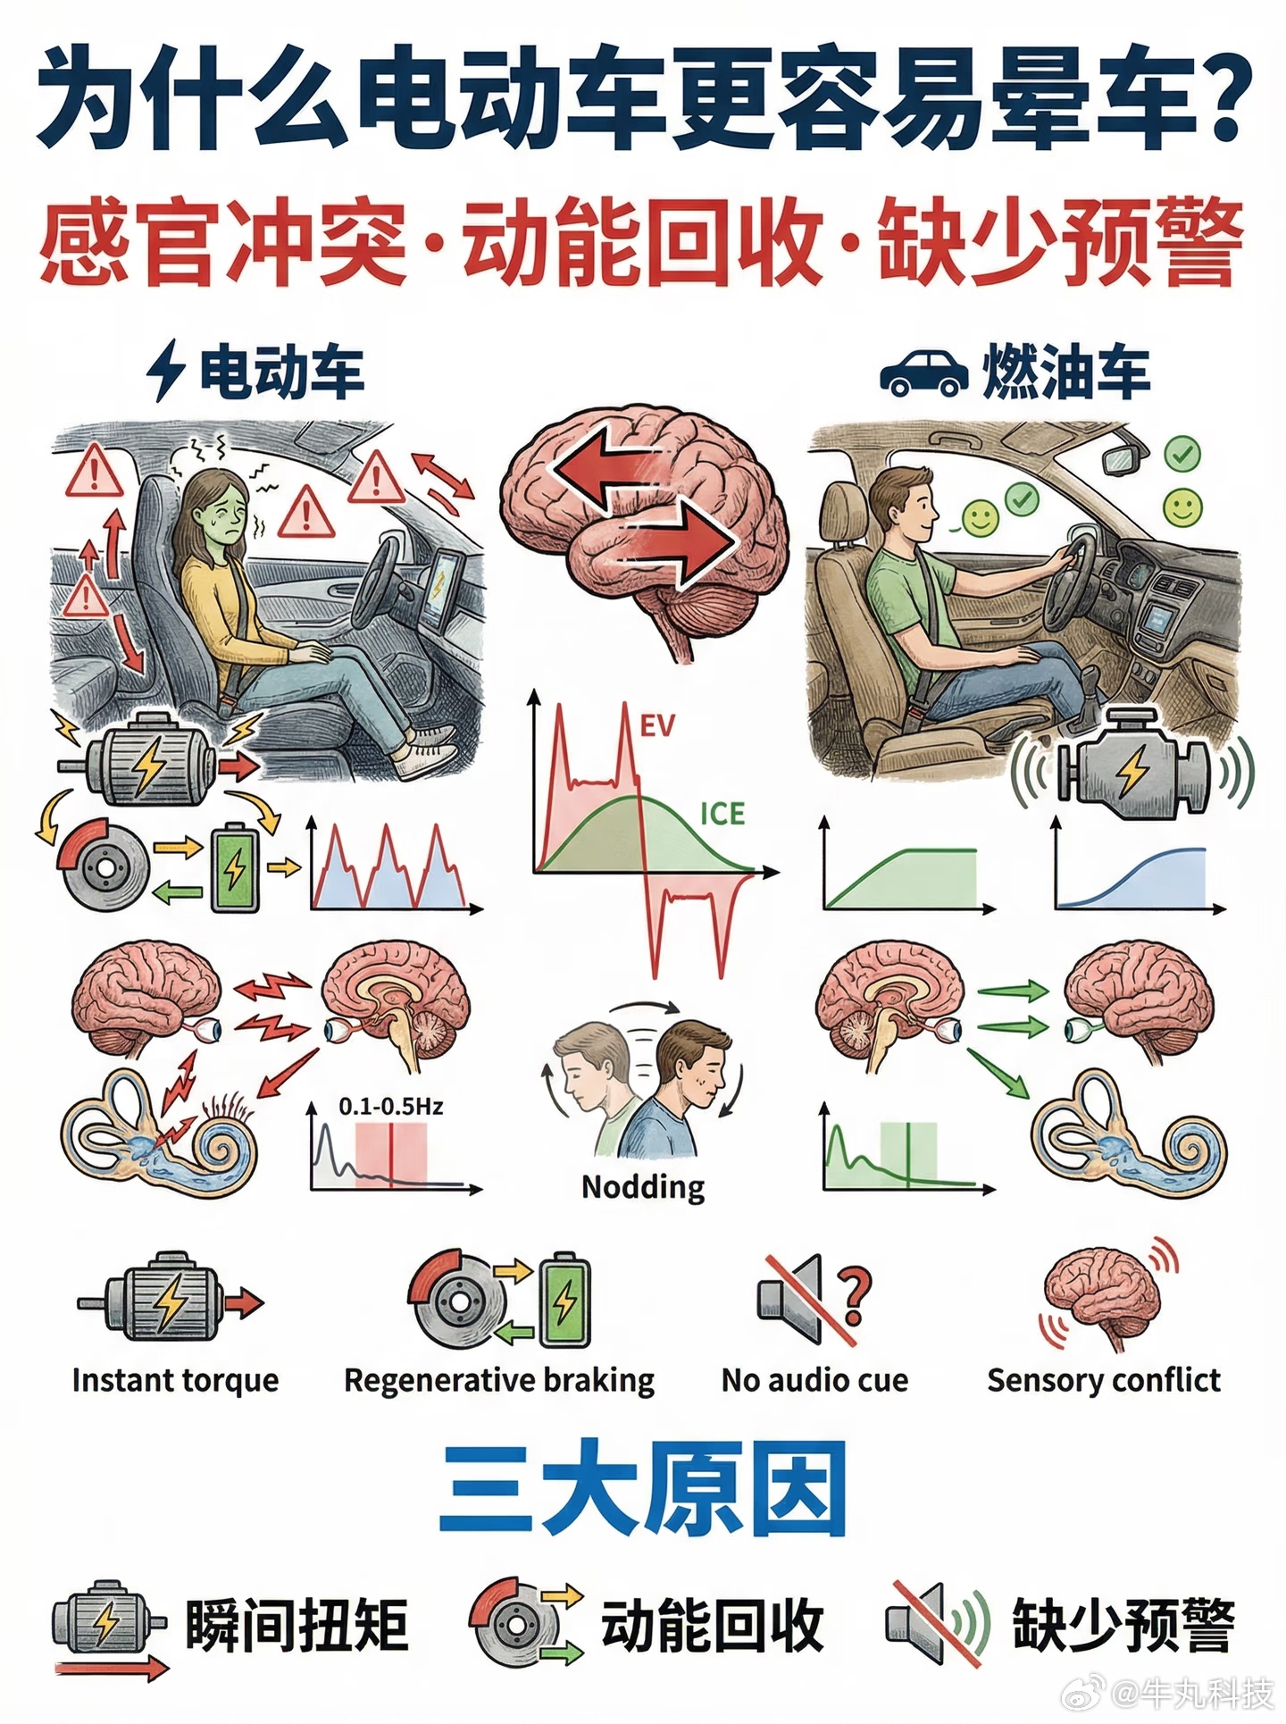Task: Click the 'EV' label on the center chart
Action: (x=657, y=726)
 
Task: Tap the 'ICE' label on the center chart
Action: (x=722, y=814)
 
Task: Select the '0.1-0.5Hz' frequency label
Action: (x=391, y=1106)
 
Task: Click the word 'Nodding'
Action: (x=643, y=1187)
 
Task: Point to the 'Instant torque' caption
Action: (x=176, y=1380)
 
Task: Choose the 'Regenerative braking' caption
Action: (x=499, y=1381)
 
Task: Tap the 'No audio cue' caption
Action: (x=814, y=1380)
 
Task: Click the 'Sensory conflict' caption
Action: (x=1104, y=1380)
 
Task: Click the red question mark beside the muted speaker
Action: (x=854, y=1298)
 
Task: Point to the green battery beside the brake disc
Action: (x=235, y=866)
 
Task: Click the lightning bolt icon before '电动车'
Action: (x=166, y=372)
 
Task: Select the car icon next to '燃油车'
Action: (x=923, y=372)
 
